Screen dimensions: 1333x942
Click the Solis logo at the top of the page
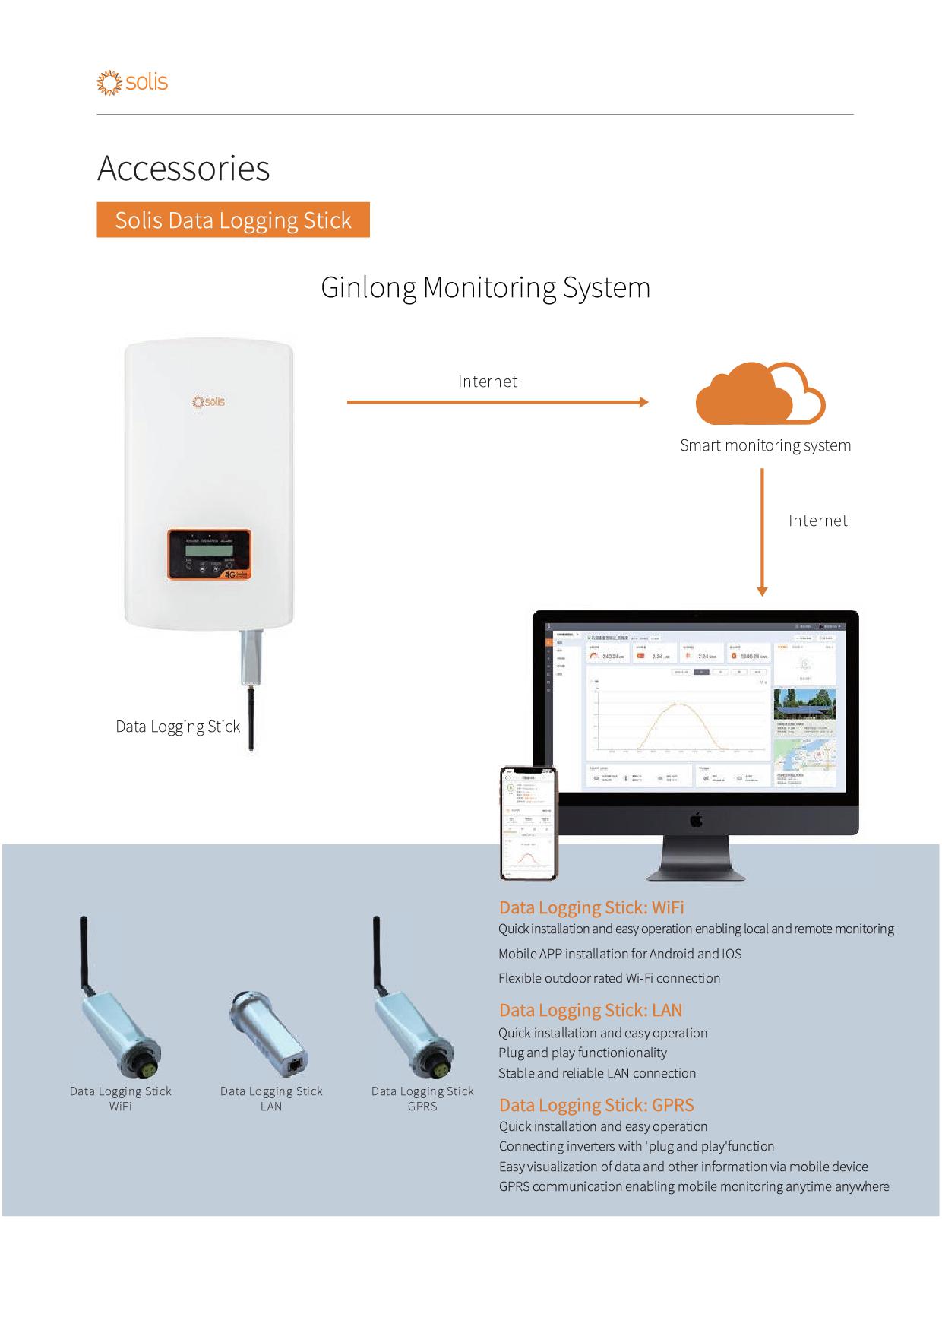pos(132,82)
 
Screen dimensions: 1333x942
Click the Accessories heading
pos(184,168)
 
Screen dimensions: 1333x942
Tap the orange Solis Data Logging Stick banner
pos(233,220)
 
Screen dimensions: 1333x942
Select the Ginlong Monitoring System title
pos(485,287)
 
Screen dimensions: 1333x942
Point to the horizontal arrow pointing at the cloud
pos(498,402)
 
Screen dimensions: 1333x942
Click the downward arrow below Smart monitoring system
pos(762,532)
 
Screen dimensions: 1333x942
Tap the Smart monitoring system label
pos(765,445)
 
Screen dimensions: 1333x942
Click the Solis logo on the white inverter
pos(209,401)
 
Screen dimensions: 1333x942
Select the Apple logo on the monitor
pos(696,819)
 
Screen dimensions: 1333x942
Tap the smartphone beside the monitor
pos(528,822)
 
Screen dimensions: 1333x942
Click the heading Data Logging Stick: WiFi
pos(591,907)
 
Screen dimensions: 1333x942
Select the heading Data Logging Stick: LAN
pos(590,1010)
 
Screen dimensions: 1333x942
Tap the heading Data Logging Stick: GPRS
pos(596,1105)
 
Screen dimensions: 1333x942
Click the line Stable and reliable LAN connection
pos(597,1073)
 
